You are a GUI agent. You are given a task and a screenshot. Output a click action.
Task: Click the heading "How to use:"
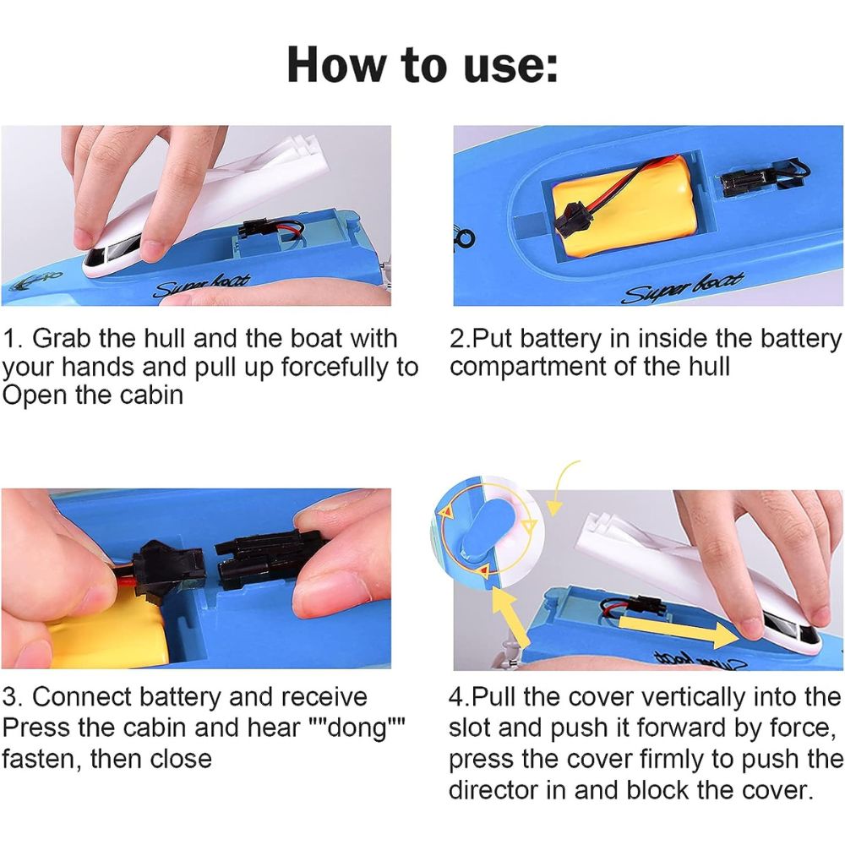pos(422,65)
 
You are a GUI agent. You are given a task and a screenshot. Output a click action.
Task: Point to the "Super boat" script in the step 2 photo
pos(684,287)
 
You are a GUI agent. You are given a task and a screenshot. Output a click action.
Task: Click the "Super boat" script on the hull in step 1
pos(203,286)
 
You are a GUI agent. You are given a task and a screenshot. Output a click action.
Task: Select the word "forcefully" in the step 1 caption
pos(337,368)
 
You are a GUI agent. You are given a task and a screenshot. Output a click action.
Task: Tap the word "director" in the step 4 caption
pos(493,790)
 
